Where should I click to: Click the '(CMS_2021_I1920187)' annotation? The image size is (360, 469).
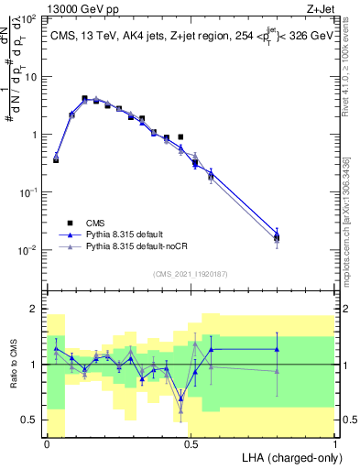tap(190, 274)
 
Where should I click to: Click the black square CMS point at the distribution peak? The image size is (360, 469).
tap(84, 98)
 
